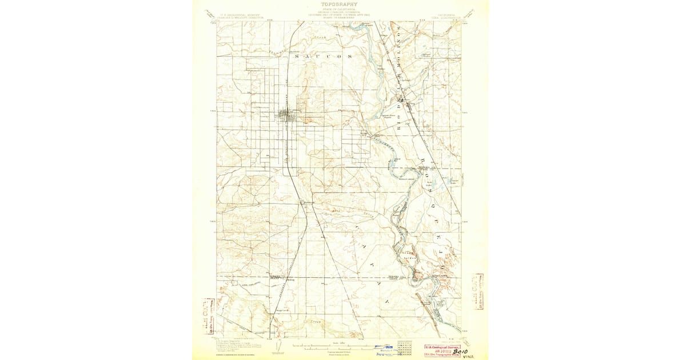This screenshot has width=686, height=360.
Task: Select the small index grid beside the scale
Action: [405, 346]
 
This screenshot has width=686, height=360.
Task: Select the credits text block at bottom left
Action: [236, 345]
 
